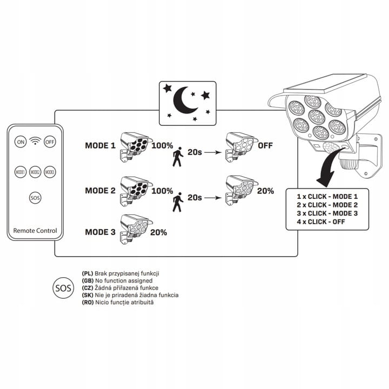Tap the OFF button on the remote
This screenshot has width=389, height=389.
pos(50,142)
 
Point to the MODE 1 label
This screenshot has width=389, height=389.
pos(100,146)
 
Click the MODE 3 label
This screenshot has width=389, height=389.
pos(100,232)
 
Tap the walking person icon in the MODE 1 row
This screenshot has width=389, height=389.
pos(177,156)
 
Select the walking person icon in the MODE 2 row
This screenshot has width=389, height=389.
pos(177,202)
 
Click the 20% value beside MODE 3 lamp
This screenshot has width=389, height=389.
pos(158,232)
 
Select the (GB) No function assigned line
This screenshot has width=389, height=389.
pos(117,281)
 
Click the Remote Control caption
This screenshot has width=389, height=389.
pos(35,231)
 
